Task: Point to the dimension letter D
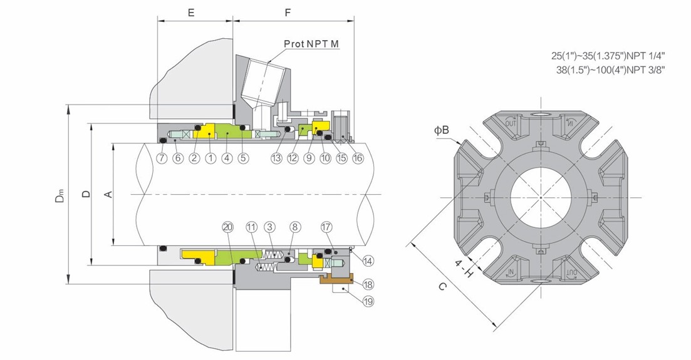coord(86,195)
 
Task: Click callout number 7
coord(162,158)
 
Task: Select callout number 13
coord(276,158)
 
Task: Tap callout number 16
coord(358,158)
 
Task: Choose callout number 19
coord(367,301)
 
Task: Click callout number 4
coord(227,158)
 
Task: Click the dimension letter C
coord(442,287)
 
